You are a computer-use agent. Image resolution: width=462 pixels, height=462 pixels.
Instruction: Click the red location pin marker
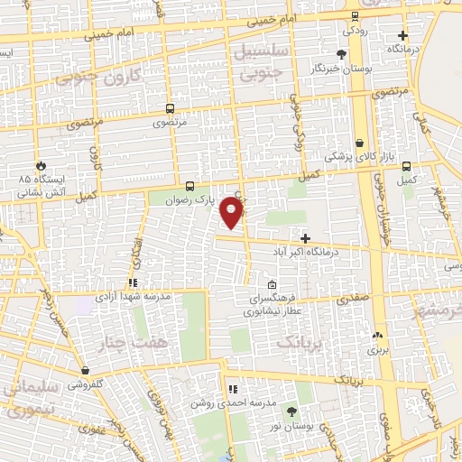(x=232, y=213)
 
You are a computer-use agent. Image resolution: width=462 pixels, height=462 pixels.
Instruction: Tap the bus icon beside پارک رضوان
(x=189, y=185)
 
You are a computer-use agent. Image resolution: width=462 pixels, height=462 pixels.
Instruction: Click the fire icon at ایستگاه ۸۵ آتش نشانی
(x=40, y=165)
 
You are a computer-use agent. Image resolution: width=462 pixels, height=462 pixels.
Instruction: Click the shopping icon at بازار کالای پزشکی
(x=360, y=143)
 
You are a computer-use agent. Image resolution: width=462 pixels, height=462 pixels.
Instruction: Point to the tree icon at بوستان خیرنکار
(x=340, y=54)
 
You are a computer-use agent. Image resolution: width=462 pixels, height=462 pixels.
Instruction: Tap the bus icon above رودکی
(x=355, y=15)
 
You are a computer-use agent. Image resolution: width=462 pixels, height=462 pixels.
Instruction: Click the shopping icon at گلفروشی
(x=84, y=370)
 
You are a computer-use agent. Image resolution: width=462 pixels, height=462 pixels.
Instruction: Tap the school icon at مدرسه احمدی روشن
(x=233, y=390)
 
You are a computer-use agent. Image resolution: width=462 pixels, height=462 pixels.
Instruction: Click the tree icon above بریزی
(x=377, y=335)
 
